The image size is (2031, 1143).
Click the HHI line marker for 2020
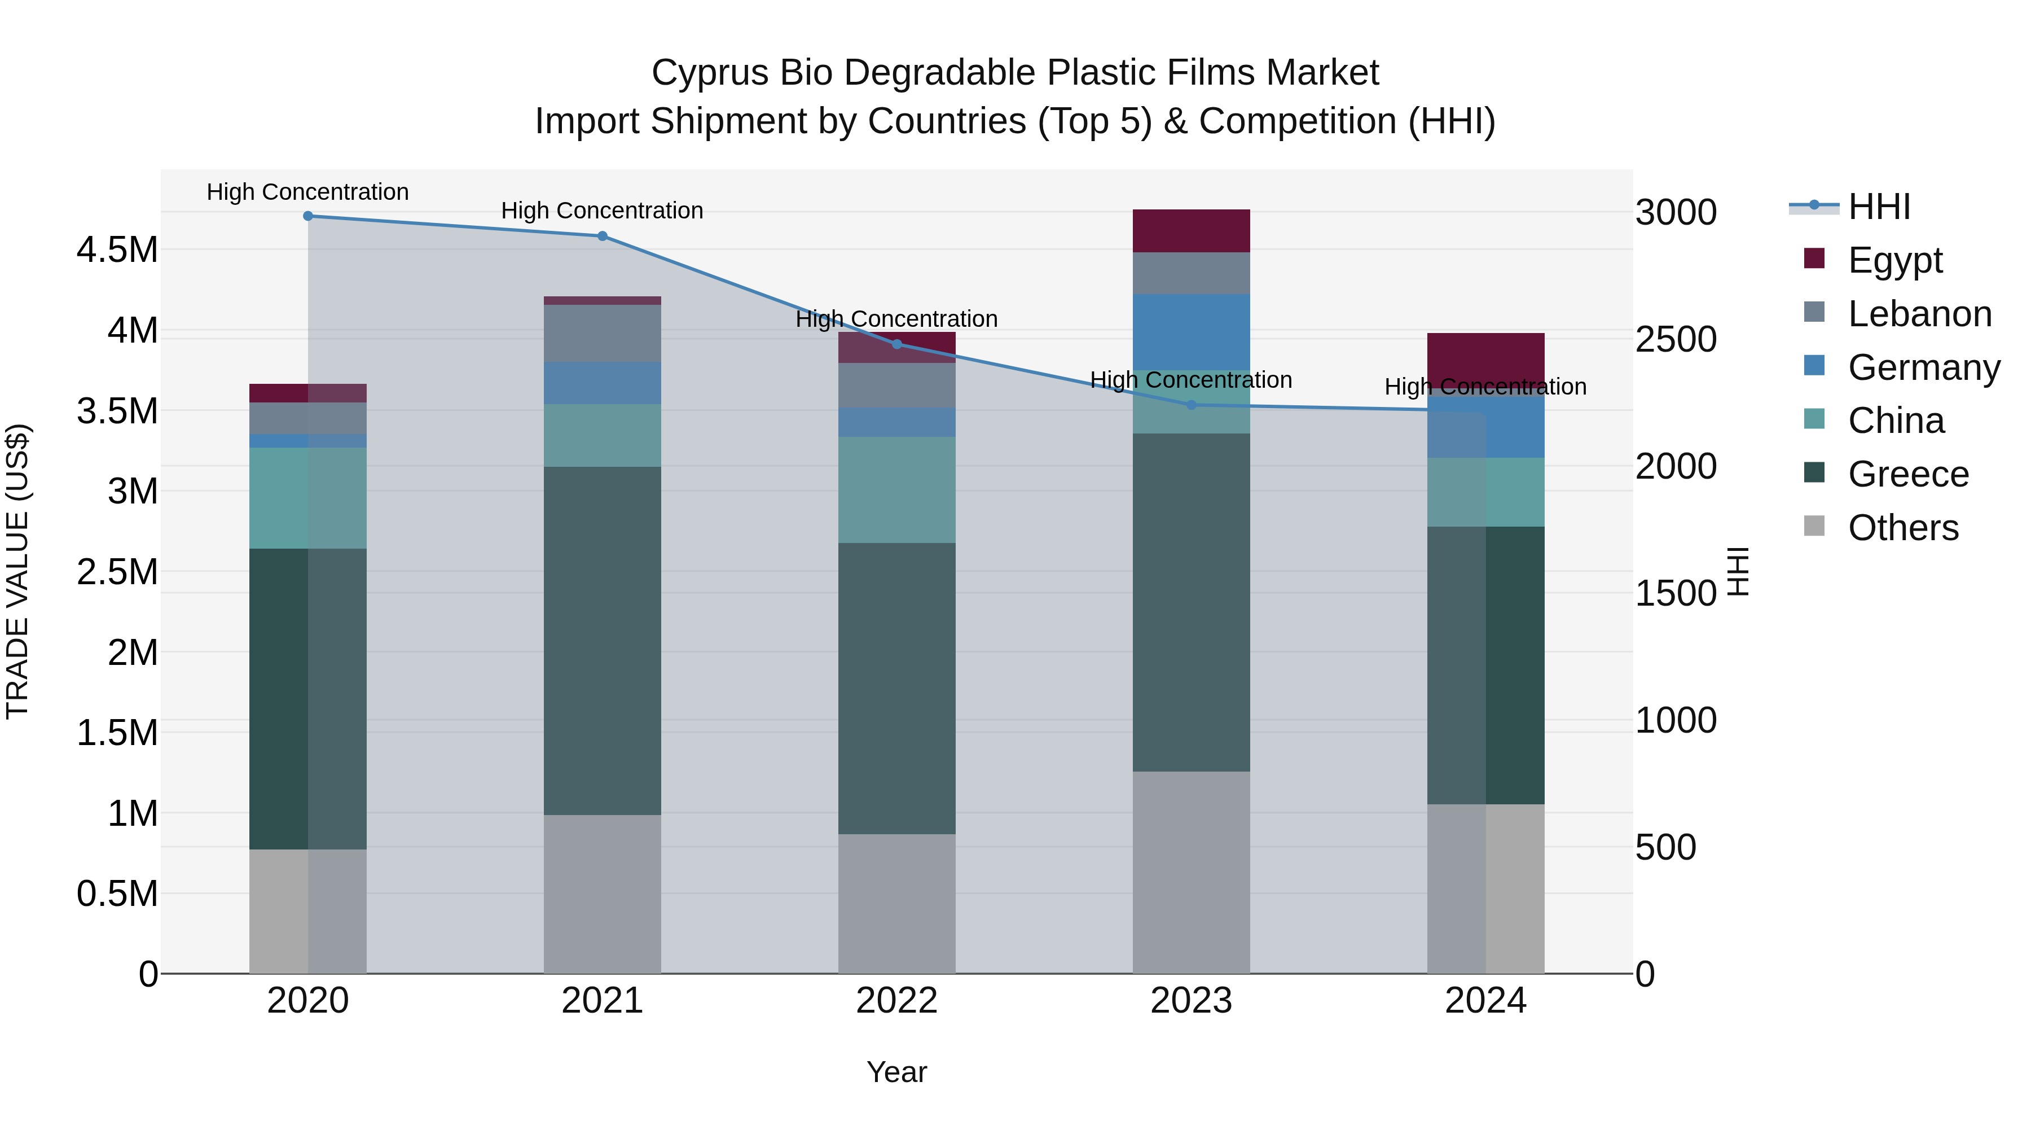tap(308, 216)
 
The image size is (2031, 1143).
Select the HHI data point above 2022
tap(896, 344)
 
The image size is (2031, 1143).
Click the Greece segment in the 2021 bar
tap(603, 641)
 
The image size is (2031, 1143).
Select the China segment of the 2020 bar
tap(307, 498)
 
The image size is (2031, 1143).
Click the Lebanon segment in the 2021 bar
tap(603, 333)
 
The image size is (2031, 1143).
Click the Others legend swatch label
tap(1902, 528)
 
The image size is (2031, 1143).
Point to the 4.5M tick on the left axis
tap(117, 250)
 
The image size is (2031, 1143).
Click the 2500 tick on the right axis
tap(1676, 339)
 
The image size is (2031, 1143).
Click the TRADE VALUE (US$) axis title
tap(17, 571)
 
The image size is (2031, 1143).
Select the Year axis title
tap(896, 1072)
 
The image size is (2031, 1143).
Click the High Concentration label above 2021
tap(603, 211)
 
